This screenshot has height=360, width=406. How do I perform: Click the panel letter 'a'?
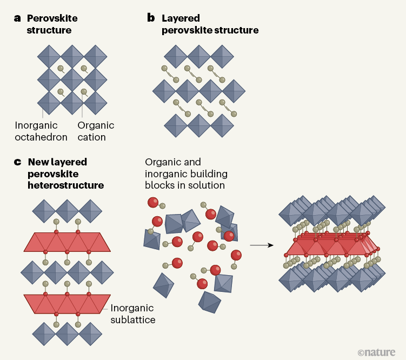pyautogui.click(x=17, y=18)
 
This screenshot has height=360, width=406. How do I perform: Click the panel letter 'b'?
pyautogui.click(x=151, y=18)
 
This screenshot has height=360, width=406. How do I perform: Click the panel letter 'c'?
pyautogui.click(x=17, y=162)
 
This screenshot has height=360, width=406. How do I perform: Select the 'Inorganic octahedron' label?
pyautogui.click(x=41, y=131)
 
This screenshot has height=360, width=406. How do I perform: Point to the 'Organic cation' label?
pyautogui.click(x=96, y=131)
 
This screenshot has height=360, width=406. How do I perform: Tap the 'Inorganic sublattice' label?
pyautogui.click(x=132, y=314)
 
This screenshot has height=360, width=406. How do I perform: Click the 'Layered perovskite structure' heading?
pyautogui.click(x=210, y=24)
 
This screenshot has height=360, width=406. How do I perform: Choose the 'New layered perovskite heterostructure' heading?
pyautogui.click(x=65, y=174)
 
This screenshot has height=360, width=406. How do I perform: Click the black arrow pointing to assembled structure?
pyautogui.click(x=260, y=245)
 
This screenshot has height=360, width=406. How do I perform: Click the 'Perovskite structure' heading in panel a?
pyautogui.click(x=52, y=24)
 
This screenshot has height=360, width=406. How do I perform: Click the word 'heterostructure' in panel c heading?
pyautogui.click(x=65, y=185)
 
